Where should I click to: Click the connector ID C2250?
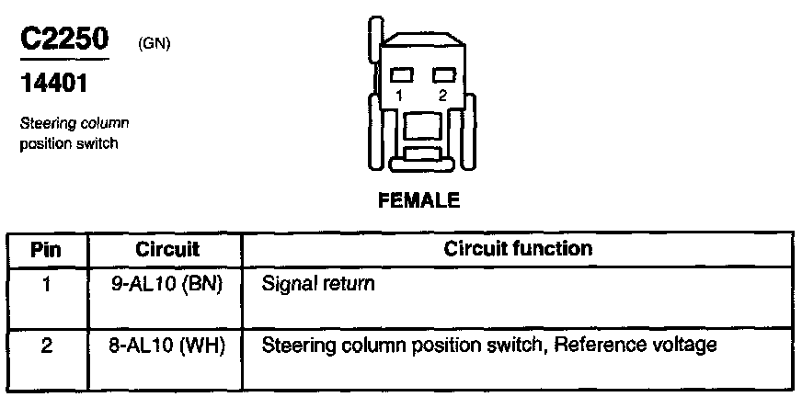coord(63,40)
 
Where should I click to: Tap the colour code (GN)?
coord(155,43)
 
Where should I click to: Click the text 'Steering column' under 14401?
coord(74,123)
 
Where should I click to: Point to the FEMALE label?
coord(418,199)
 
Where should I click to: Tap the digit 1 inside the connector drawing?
coord(400,95)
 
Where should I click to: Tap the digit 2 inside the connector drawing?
coord(442,95)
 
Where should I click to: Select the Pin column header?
coord(46,249)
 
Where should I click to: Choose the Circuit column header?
coord(167,249)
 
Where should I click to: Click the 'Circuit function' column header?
coord(518,249)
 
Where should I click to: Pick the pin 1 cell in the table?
coord(46,284)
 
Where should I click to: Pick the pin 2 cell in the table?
coord(46,346)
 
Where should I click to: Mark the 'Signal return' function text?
coord(318,284)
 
